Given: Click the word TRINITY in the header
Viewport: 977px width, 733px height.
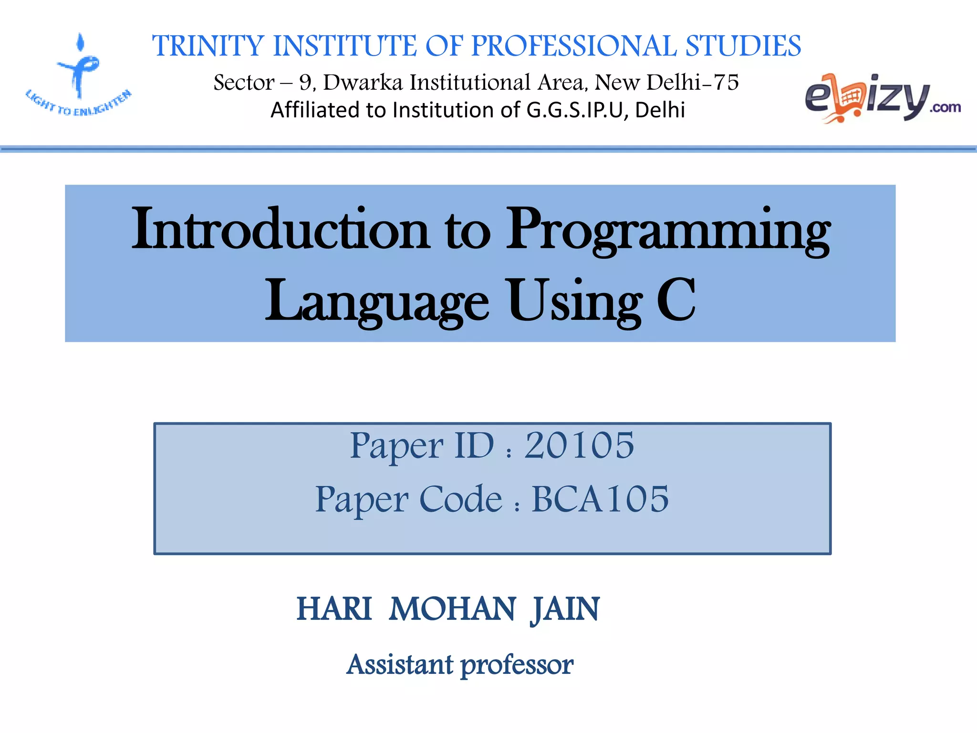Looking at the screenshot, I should (x=208, y=46).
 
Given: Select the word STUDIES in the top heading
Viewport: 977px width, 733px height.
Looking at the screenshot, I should (x=743, y=46).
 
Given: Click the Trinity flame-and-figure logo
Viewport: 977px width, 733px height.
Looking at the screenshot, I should (x=79, y=67).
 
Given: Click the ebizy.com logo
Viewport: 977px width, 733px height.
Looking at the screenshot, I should (x=883, y=98).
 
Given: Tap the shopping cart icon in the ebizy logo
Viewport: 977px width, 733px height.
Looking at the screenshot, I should (x=849, y=98).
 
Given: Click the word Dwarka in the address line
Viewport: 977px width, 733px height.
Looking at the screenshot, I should (x=363, y=83).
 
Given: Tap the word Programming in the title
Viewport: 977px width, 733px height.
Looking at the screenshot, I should (x=668, y=230).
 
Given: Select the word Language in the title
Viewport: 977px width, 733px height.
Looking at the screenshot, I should (x=377, y=302).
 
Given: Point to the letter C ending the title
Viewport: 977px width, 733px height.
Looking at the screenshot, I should (x=676, y=301).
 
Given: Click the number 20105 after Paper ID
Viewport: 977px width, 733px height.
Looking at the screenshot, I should (x=579, y=446).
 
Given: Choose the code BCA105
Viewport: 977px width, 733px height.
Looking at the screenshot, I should (x=600, y=500).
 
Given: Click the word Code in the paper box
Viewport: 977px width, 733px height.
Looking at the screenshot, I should (x=461, y=500).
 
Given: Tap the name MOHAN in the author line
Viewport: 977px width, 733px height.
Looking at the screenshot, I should (x=452, y=609).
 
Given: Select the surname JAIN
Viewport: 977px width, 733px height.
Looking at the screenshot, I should (x=565, y=609).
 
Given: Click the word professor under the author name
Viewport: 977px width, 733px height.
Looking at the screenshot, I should (x=517, y=665).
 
